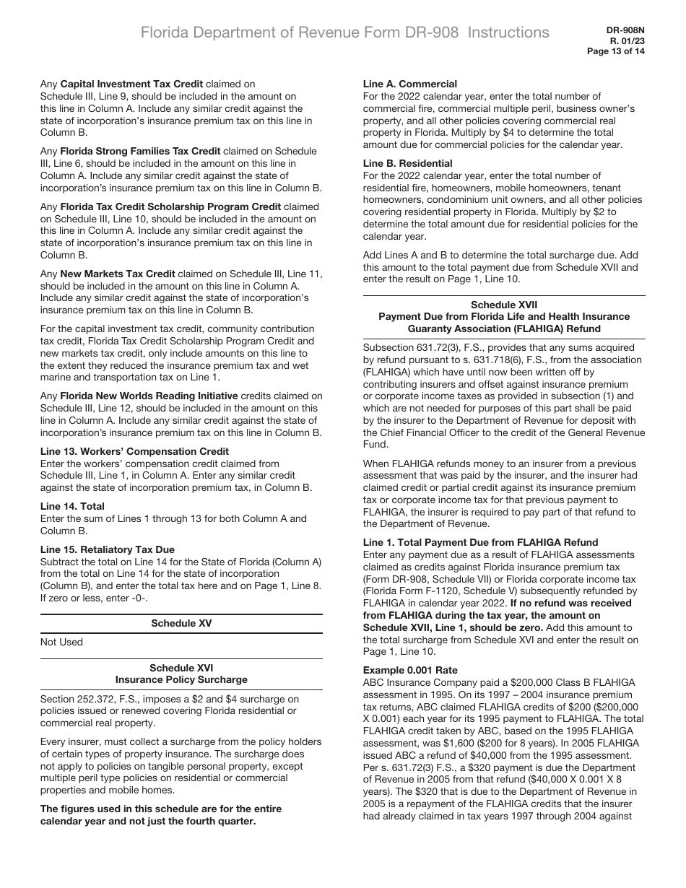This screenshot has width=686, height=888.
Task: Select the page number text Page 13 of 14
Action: [616, 51]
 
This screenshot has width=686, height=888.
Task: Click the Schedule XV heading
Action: [181, 623]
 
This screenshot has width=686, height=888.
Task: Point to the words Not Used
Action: [61, 642]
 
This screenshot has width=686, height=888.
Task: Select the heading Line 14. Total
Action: [72, 506]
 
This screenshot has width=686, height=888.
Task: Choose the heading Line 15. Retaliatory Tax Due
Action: [107, 549]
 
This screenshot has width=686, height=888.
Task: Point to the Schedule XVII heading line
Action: [503, 305]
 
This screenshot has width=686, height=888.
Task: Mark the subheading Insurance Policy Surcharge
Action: [181, 679]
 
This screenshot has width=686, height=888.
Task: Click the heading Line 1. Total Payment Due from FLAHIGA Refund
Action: [480, 542]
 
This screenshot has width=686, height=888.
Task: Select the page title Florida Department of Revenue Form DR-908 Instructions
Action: [344, 32]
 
